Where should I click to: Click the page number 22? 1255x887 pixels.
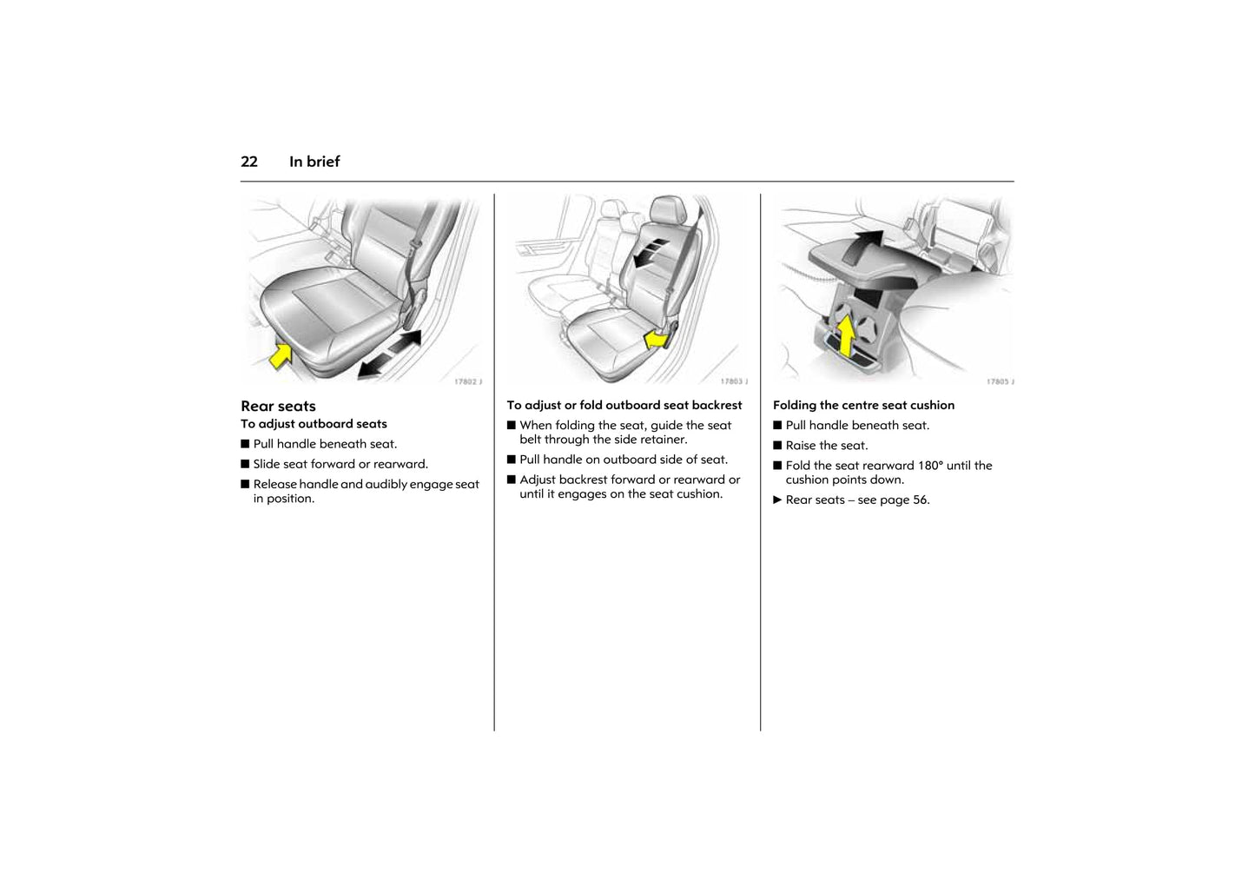pyautogui.click(x=249, y=162)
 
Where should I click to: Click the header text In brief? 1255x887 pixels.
pyautogui.click(x=314, y=162)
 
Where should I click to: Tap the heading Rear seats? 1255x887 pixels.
pyautogui.click(x=279, y=407)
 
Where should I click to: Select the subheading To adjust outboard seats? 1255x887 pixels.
pyautogui.click(x=314, y=424)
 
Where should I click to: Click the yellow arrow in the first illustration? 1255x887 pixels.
pyautogui.click(x=281, y=356)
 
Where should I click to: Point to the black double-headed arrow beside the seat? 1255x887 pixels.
pyautogui.click(x=389, y=354)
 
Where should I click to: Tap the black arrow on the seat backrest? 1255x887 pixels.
pyautogui.click(x=651, y=254)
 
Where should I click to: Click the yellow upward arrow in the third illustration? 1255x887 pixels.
pyautogui.click(x=846, y=336)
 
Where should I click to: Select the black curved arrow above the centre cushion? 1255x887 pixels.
pyautogui.click(x=862, y=247)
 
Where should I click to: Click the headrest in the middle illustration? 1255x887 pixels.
pyautogui.click(x=668, y=209)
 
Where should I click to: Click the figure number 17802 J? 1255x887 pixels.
pyautogui.click(x=468, y=382)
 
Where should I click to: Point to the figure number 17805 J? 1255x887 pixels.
pyautogui.click(x=1001, y=382)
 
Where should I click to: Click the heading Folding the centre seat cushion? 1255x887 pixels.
pyautogui.click(x=864, y=406)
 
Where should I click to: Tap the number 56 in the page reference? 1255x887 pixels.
pyautogui.click(x=920, y=500)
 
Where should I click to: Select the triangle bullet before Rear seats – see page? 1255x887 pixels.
pyautogui.click(x=777, y=500)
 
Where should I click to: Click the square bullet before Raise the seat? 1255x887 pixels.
pyautogui.click(x=777, y=446)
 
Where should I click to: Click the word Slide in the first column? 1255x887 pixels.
pyautogui.click(x=267, y=465)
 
